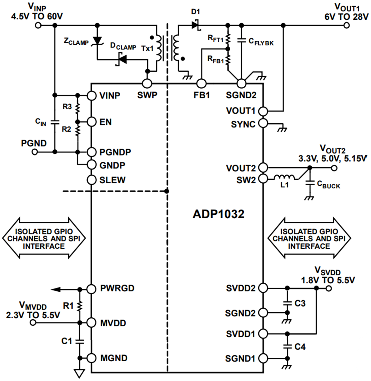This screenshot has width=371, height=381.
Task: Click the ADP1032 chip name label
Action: (x=218, y=214)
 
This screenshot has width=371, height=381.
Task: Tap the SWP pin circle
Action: (x=148, y=83)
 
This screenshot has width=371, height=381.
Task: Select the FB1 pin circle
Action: (x=201, y=83)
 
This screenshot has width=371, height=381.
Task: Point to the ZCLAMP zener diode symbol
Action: (x=97, y=41)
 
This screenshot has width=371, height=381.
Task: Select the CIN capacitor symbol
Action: (x=54, y=122)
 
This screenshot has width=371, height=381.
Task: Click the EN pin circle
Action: (x=91, y=122)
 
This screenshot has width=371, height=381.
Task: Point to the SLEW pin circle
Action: (x=91, y=180)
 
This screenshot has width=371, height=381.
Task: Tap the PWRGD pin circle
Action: (x=91, y=289)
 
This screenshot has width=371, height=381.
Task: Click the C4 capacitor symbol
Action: (x=287, y=346)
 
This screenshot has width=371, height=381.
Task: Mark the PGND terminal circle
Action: (x=35, y=152)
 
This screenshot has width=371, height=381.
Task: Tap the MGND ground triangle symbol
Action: (x=80, y=374)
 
